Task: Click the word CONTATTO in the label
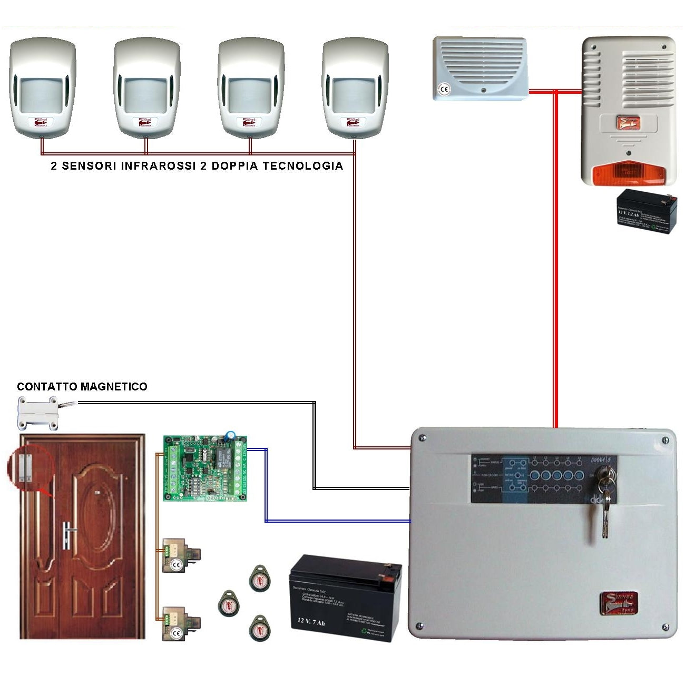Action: pyautogui.click(x=42, y=387)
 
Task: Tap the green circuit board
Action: pyautogui.click(x=205, y=468)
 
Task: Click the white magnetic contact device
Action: pyautogui.click(x=38, y=413)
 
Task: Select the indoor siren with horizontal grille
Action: pyautogui.click(x=480, y=68)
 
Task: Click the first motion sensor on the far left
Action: pyautogui.click(x=43, y=87)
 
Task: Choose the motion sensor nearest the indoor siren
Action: pyautogui.click(x=355, y=87)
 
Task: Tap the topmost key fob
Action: pyautogui.click(x=259, y=579)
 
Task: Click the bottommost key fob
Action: pyautogui.click(x=259, y=628)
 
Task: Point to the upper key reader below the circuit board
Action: pyautogui.click(x=180, y=555)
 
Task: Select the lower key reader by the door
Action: pyautogui.click(x=180, y=623)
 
